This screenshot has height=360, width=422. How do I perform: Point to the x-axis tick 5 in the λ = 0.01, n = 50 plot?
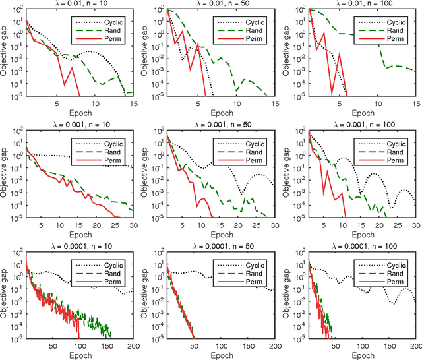pyautogui.click(x=198, y=104)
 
